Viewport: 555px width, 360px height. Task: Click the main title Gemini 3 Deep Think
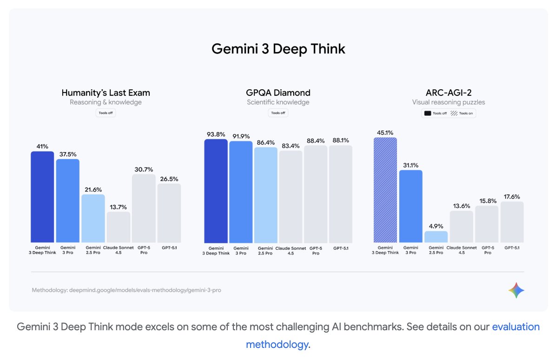pyautogui.click(x=278, y=49)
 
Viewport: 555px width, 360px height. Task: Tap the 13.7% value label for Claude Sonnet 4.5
pyautogui.click(x=119, y=207)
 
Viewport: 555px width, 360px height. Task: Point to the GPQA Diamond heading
pyautogui.click(x=278, y=93)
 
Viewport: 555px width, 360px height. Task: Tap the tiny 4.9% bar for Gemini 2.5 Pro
pyautogui.click(x=436, y=237)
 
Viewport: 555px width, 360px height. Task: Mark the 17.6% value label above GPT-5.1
pyautogui.click(x=512, y=196)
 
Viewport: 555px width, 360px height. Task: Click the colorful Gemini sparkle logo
pyautogui.click(x=516, y=290)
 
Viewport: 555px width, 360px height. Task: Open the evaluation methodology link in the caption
pyautogui.click(x=515, y=327)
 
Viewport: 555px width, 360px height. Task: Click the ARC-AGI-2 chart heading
pyautogui.click(x=448, y=93)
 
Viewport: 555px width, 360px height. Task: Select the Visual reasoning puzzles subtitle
pyautogui.click(x=448, y=102)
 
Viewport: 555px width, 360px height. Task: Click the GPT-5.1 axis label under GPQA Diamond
pyautogui.click(x=341, y=248)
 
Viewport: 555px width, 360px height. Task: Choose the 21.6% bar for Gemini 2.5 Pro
pyautogui.click(x=93, y=218)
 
